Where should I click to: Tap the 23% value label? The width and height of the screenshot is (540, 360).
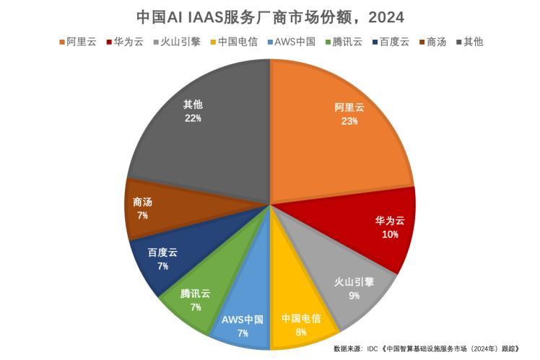pos(349,121)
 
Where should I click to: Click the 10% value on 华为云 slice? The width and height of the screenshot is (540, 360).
pos(391,234)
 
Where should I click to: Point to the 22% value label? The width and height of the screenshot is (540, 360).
pos(193,118)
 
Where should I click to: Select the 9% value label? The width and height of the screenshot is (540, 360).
pos(354,295)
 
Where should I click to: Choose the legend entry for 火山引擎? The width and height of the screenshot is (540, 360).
pos(181,41)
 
